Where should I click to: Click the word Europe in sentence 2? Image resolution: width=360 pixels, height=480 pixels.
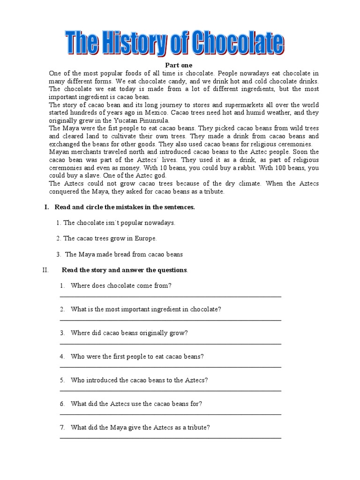coord(145,239)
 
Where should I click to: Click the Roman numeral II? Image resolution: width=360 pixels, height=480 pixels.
coord(45,270)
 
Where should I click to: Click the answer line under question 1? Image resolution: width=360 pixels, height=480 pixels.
coord(170,296)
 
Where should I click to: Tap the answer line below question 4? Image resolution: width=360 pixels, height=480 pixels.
coord(170,367)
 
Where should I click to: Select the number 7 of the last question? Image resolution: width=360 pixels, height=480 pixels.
coord(62,427)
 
